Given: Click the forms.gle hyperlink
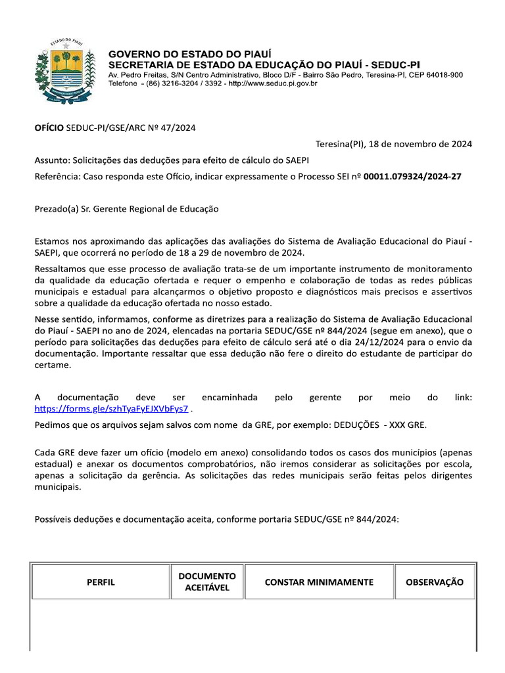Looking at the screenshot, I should [x=111, y=408].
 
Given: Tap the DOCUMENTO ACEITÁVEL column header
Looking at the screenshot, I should [x=207, y=582].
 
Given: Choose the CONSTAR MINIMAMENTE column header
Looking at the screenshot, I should [x=319, y=582].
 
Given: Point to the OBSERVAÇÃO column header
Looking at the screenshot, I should [x=434, y=582].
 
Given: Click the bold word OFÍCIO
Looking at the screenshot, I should [x=49, y=128].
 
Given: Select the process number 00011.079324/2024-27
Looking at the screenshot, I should [x=412, y=177].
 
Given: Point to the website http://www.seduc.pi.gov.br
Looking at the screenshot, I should [x=272, y=83].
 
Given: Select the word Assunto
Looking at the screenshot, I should [x=51, y=160].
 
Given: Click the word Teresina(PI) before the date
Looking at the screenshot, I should [x=340, y=144].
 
